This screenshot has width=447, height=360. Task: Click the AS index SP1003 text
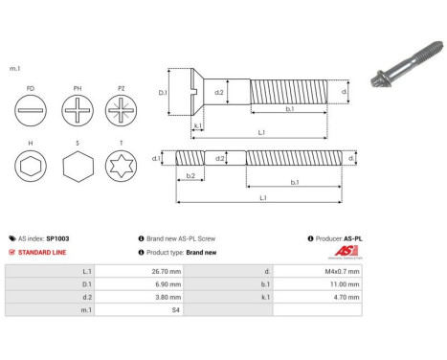tap(44, 238)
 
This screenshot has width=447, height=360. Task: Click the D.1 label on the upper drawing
tap(162, 93)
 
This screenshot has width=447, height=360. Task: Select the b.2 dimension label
tap(190, 176)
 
